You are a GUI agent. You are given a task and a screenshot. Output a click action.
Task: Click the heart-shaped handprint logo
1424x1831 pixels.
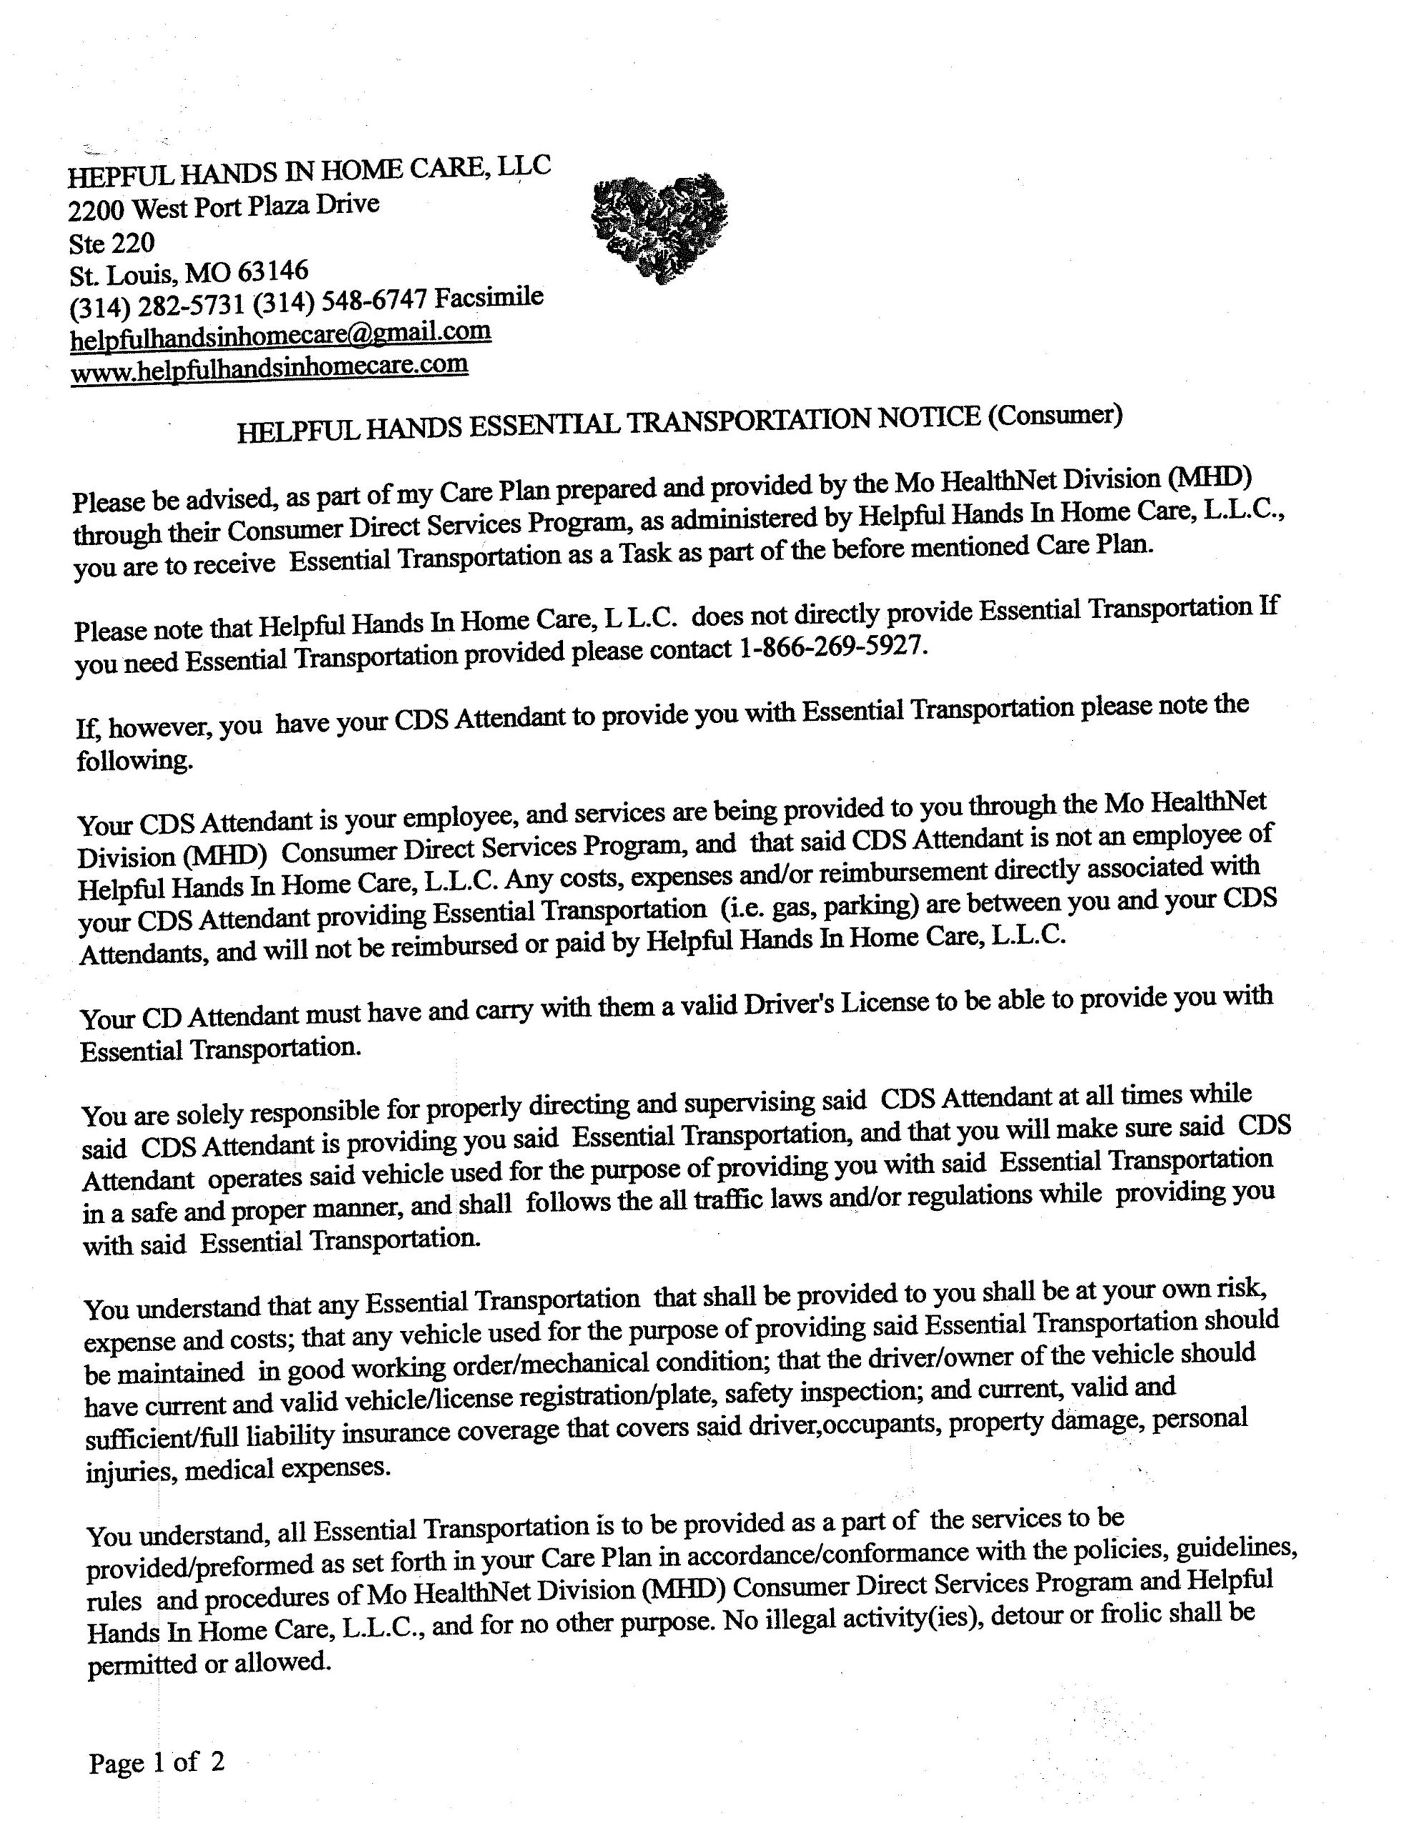pyautogui.click(x=659, y=226)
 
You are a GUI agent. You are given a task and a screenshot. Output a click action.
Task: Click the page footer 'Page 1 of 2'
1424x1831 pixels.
pyautogui.click(x=157, y=1762)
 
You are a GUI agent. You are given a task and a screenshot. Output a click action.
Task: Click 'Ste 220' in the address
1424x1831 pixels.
pyautogui.click(x=112, y=243)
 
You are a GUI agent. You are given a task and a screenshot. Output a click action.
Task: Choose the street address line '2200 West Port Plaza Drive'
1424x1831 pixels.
pyautogui.click(x=224, y=206)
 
